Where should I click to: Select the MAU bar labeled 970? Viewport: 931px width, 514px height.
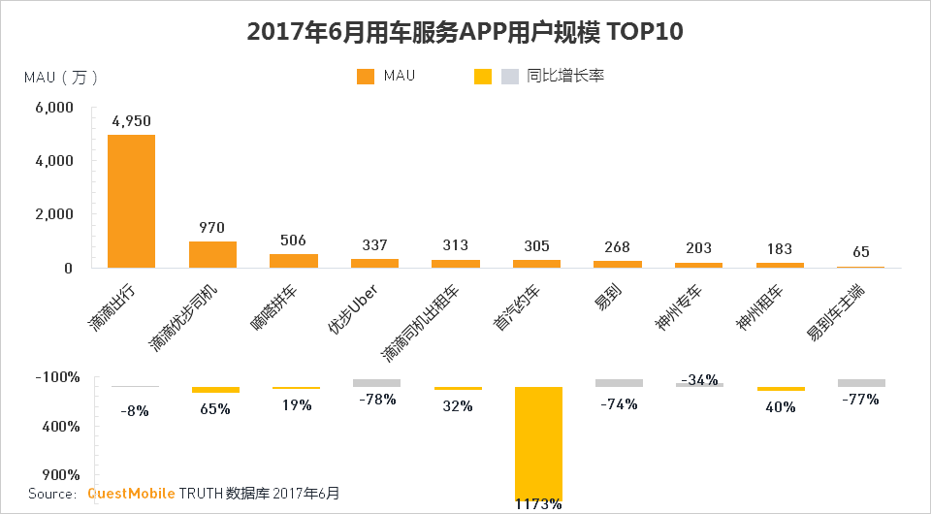tap(212, 254)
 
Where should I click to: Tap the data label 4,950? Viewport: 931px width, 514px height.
tap(131, 121)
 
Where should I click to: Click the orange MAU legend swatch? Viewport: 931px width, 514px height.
tap(366, 77)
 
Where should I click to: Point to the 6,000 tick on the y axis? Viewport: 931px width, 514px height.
tap(55, 108)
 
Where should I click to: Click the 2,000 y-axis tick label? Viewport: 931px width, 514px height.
tap(55, 214)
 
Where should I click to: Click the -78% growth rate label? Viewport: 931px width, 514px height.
tap(376, 399)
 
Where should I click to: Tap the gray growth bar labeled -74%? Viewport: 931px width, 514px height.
tap(619, 383)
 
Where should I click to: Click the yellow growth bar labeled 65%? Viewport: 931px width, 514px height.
tap(214, 390)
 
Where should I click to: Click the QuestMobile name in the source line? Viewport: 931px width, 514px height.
tap(131, 494)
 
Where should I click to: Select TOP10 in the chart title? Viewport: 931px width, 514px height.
tap(646, 32)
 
